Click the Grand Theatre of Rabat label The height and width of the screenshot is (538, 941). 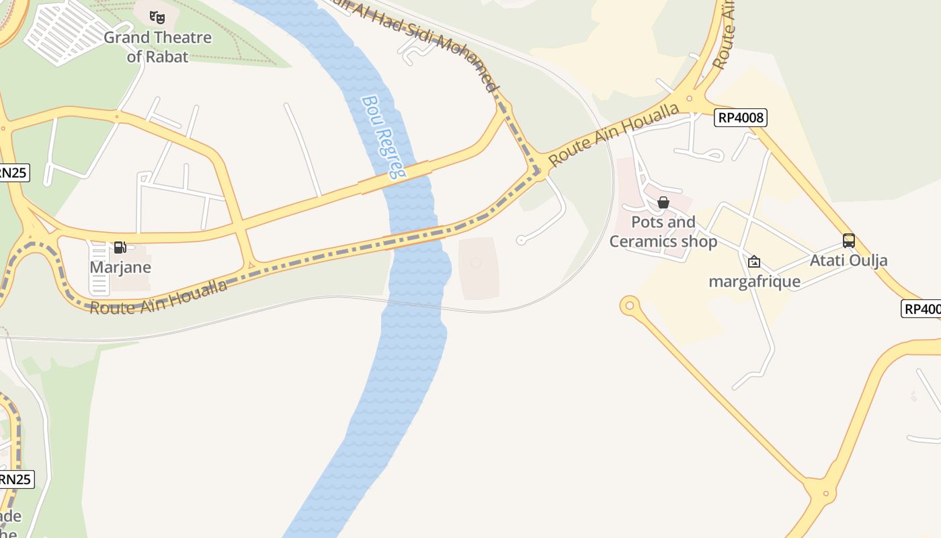click(x=157, y=46)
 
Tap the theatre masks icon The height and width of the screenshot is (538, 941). click(x=157, y=17)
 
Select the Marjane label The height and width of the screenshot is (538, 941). click(x=120, y=267)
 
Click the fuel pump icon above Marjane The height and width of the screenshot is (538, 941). click(x=120, y=247)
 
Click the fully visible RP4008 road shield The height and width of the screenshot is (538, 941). click(x=741, y=118)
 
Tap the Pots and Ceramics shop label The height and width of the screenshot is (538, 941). click(x=663, y=231)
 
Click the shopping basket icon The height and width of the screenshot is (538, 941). click(x=663, y=202)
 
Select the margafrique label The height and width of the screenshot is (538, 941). click(x=754, y=281)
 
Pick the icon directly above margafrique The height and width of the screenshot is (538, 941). click(x=754, y=262)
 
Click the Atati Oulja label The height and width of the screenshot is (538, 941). click(x=848, y=260)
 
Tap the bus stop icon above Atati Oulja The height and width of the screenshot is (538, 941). click(x=849, y=241)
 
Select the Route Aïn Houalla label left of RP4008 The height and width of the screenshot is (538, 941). click(x=614, y=135)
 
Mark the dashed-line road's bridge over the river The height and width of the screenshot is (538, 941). click(x=414, y=238)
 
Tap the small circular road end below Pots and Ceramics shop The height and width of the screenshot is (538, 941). click(x=629, y=306)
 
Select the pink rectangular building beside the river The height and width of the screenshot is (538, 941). click(x=479, y=268)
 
